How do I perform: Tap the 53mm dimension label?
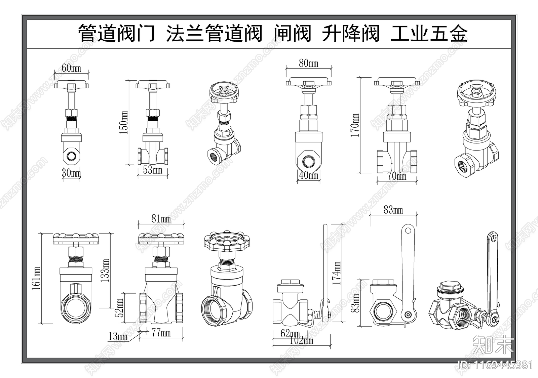click(153, 170)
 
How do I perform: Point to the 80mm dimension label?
click(308, 63)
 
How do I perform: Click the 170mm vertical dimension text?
click(355, 125)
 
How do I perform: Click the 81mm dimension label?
click(161, 219)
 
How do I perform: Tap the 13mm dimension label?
click(118, 336)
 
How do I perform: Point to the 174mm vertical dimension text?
click(337, 273)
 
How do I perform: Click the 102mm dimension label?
click(301, 340)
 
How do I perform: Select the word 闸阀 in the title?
click(292, 34)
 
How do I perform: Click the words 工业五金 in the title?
click(429, 34)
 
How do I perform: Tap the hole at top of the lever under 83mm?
click(408, 230)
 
